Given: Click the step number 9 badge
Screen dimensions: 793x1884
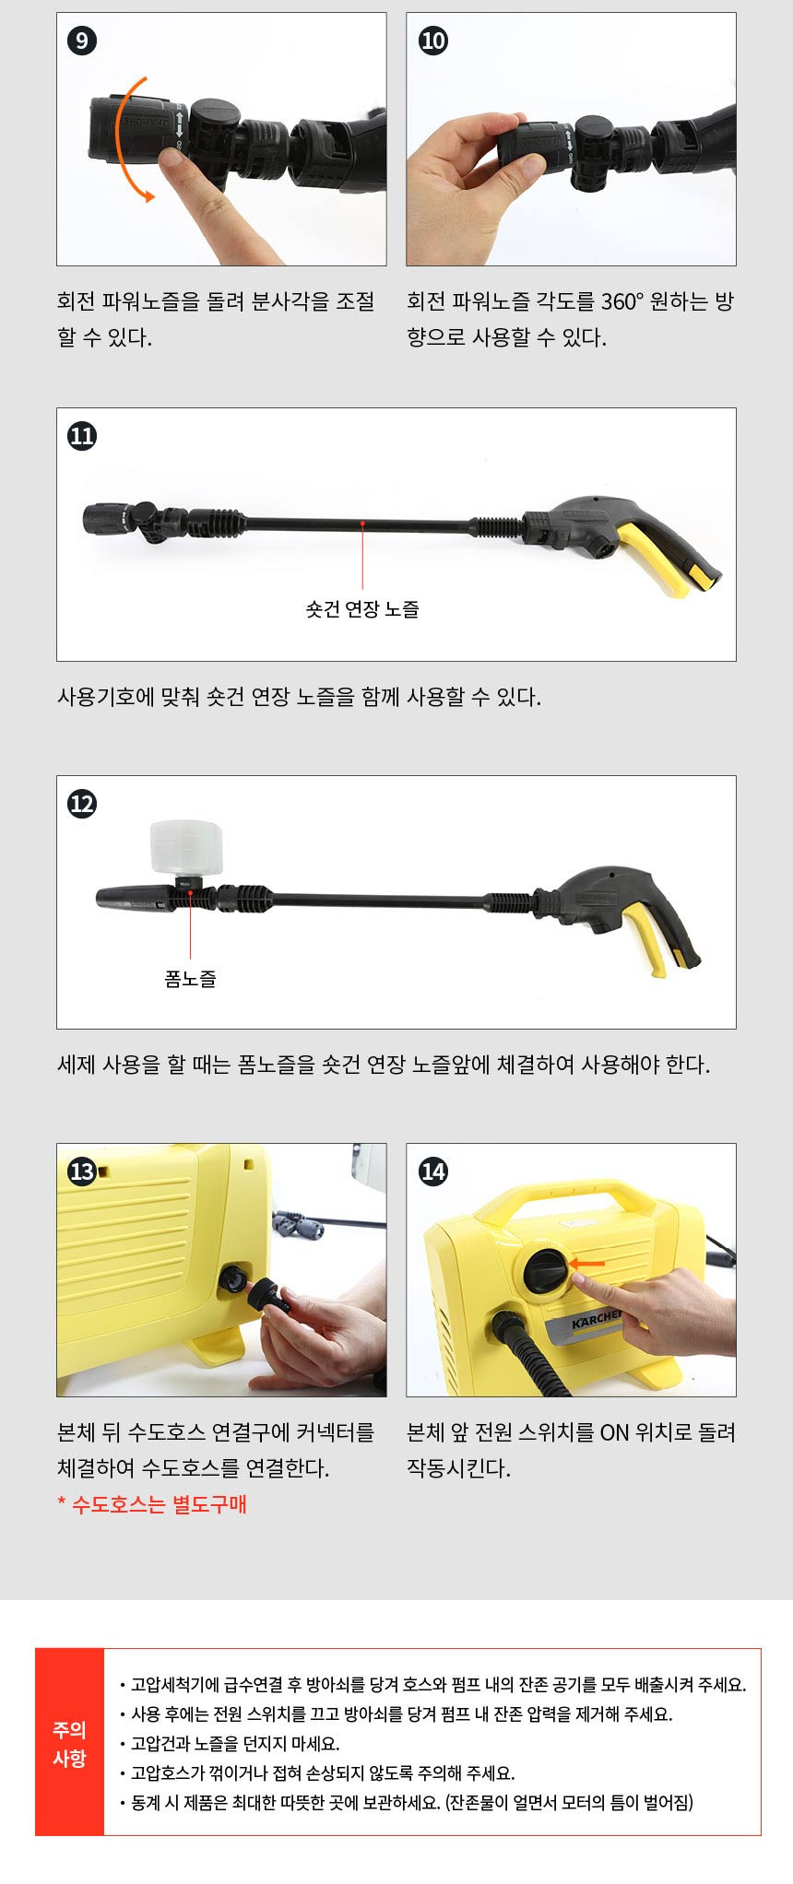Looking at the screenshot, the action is click(x=82, y=41).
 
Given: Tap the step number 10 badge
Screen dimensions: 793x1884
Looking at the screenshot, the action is click(x=432, y=41).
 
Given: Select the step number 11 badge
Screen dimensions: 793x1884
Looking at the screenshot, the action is click(x=82, y=436).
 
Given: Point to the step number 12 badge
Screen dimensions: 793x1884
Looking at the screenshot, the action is click(x=82, y=804).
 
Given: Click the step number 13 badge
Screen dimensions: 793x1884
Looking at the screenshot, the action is click(x=82, y=1172).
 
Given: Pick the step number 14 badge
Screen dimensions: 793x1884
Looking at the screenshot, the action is click(x=432, y=1172).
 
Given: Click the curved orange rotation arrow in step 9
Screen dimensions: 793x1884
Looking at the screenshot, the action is click(x=120, y=138).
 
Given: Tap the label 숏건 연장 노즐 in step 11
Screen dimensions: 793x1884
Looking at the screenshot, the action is click(x=362, y=609).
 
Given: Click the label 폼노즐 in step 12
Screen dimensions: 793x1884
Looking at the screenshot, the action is click(x=190, y=979).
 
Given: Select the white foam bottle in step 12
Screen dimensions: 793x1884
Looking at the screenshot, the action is click(x=186, y=848).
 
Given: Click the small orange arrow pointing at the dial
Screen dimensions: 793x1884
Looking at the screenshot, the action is click(x=587, y=1264).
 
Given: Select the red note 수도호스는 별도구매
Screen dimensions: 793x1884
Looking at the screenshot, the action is click(x=152, y=1505).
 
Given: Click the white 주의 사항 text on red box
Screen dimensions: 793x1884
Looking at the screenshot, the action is click(x=69, y=1744).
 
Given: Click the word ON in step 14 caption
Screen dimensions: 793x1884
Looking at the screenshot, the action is click(x=614, y=1432).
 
